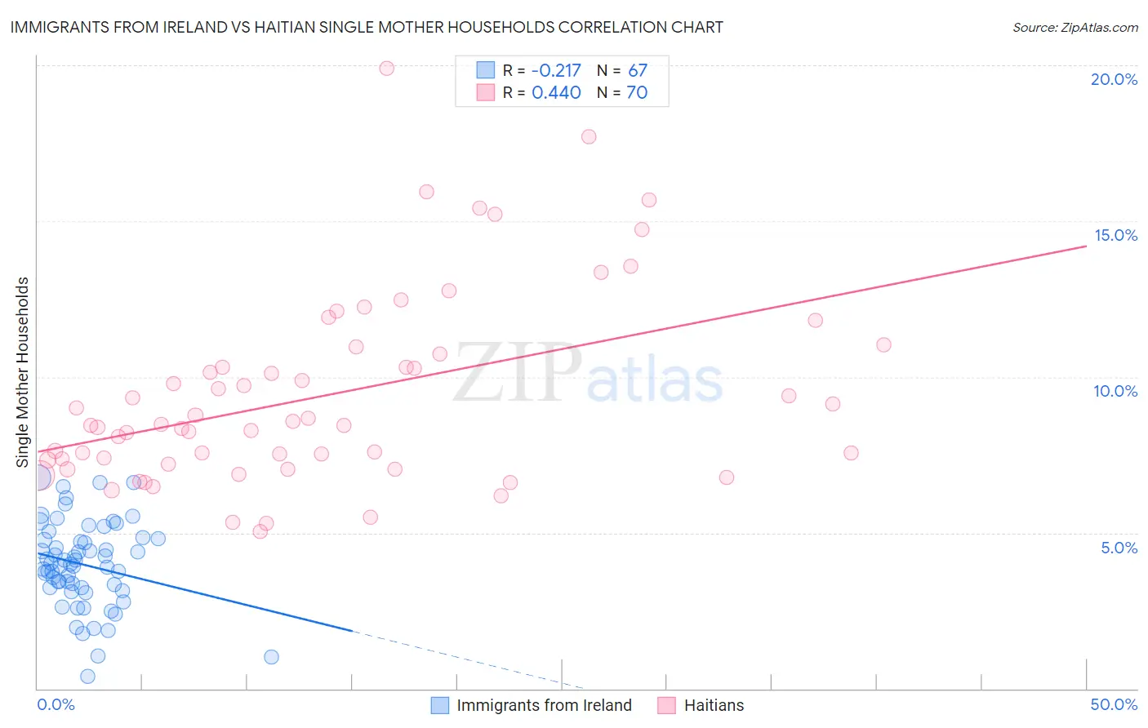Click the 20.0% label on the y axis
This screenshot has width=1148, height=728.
coord(1114,79)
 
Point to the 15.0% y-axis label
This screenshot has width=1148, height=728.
coord(1115,235)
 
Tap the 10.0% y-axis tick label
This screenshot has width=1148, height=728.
coord(1115,391)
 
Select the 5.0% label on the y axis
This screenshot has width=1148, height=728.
coord(1119,548)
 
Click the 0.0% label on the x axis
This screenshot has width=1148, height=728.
coord(56,704)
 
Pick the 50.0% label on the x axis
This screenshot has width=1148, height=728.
coord(1114,704)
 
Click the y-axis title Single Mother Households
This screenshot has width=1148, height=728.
coord(23,372)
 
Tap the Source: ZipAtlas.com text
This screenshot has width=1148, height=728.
coord(1075,28)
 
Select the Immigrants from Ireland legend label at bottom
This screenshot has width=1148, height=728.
coord(544,705)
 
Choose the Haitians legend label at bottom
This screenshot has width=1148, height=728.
coord(714,705)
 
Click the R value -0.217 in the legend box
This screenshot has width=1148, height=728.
coord(556,70)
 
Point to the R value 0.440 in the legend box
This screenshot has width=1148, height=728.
coord(556,92)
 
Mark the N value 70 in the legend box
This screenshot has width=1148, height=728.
coord(637,92)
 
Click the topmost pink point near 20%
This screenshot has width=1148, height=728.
coord(387,69)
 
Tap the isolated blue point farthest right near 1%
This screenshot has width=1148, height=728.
coord(271,657)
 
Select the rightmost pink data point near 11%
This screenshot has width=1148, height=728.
coord(883,345)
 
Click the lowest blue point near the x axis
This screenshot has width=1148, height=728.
coord(87,676)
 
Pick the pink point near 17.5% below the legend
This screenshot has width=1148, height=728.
coord(589,137)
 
